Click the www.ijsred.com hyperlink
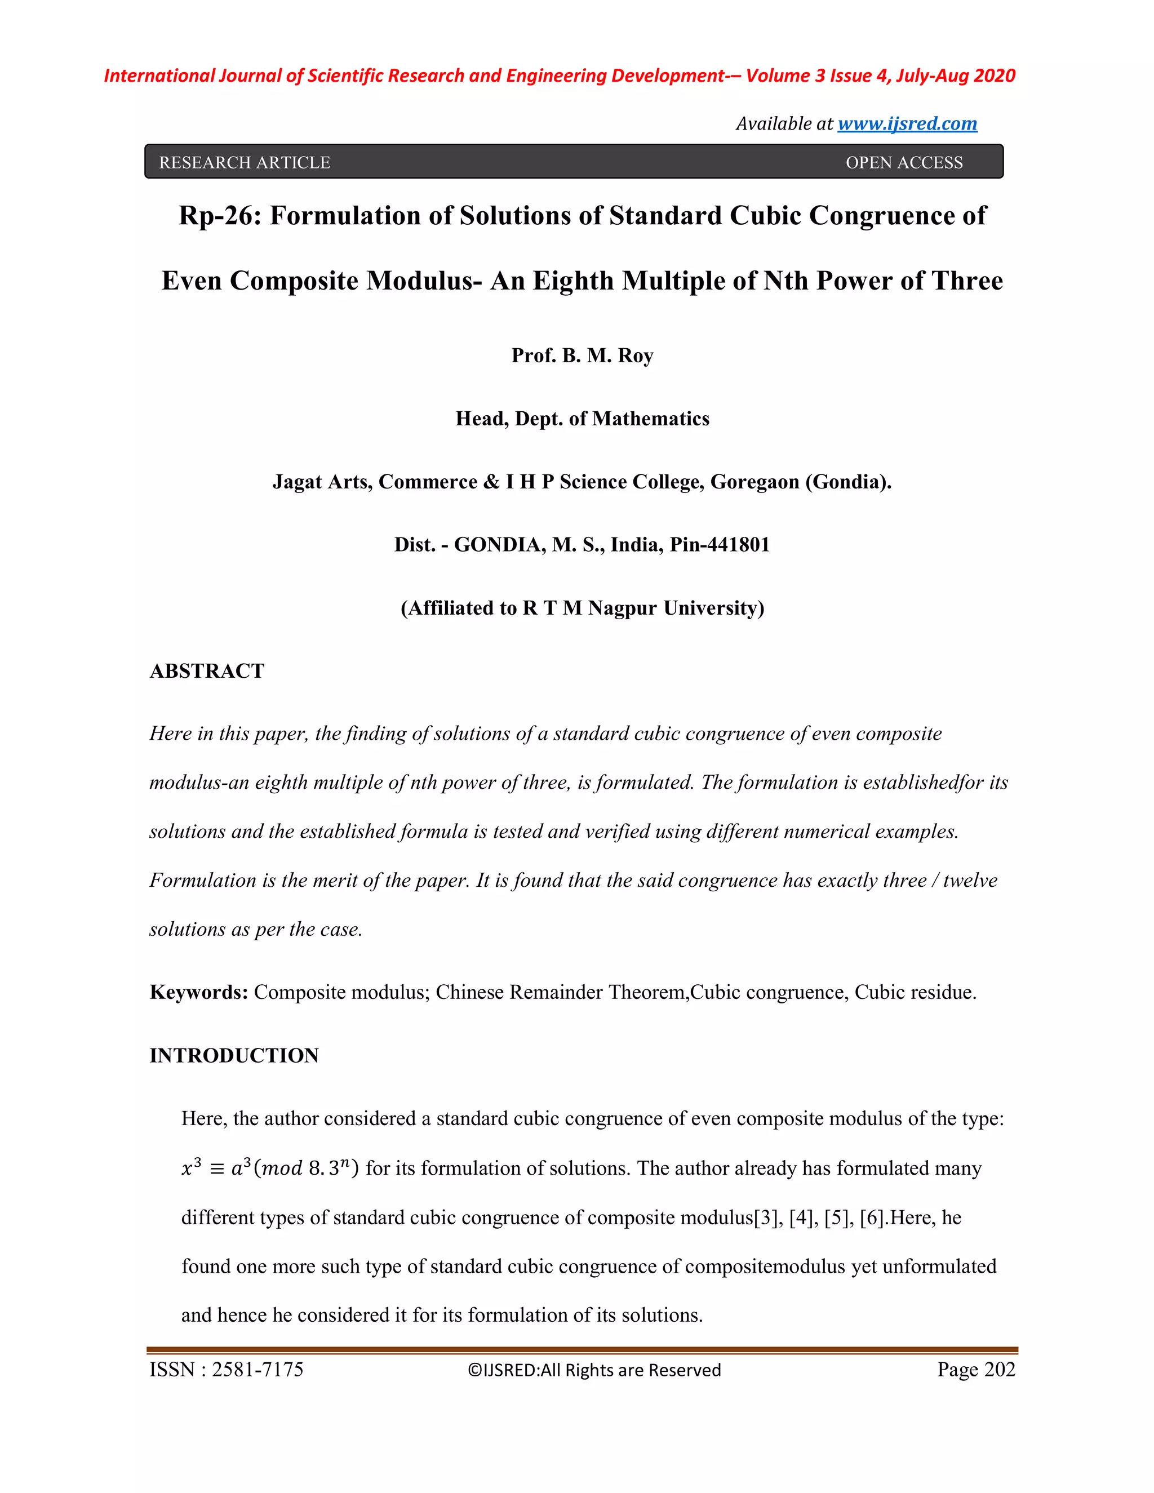point(907,124)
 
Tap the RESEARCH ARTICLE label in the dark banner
point(244,163)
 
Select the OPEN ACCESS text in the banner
point(904,163)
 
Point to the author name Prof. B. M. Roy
point(583,356)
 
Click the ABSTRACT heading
point(206,670)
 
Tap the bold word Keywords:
point(198,992)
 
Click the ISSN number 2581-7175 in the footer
point(258,1369)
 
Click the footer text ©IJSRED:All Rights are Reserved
point(594,1370)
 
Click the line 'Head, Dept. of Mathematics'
point(583,419)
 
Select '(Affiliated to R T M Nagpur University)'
point(583,608)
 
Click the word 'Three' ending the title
point(965,281)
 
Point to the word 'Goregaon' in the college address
point(754,482)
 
